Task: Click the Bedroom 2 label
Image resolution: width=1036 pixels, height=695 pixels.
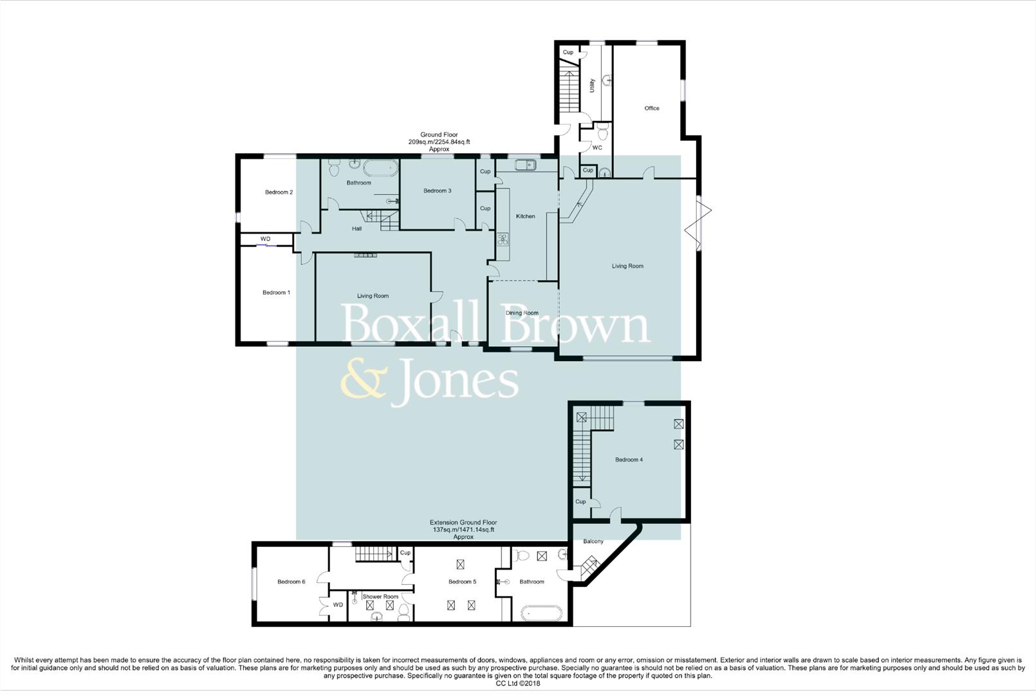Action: click(279, 192)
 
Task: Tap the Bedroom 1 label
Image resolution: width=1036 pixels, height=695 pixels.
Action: click(276, 293)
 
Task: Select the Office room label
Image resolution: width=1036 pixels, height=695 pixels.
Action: click(652, 109)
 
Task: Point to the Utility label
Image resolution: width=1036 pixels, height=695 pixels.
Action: click(592, 86)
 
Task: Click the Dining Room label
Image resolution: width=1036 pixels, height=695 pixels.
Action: click(522, 313)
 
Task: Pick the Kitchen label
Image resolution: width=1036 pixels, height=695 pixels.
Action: click(526, 216)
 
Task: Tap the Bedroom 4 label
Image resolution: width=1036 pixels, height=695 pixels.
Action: click(629, 460)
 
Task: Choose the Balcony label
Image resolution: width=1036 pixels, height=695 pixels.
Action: click(593, 542)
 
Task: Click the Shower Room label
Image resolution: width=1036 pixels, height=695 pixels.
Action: click(380, 597)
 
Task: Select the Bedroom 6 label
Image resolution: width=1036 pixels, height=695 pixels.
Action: click(291, 582)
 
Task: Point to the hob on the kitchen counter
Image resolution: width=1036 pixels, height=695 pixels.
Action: click(503, 240)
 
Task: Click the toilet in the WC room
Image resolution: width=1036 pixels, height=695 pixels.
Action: click(602, 133)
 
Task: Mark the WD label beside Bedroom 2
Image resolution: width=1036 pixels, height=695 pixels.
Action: click(265, 239)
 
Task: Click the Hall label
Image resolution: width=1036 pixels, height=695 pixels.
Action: click(356, 229)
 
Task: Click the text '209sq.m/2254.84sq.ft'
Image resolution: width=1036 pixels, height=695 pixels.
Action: click(439, 142)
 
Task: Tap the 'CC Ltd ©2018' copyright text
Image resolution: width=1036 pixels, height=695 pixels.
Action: click(517, 683)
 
